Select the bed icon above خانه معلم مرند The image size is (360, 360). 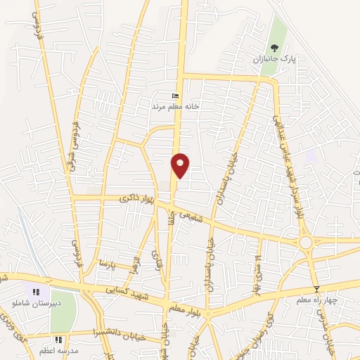pos(176,96)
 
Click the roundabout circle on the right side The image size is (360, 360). pos(306,242)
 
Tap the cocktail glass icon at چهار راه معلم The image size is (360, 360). pos(317,289)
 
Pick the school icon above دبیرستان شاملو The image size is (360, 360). pos(33,292)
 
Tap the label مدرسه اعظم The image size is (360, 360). pos(58,350)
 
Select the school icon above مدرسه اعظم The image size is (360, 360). pos(58,340)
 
